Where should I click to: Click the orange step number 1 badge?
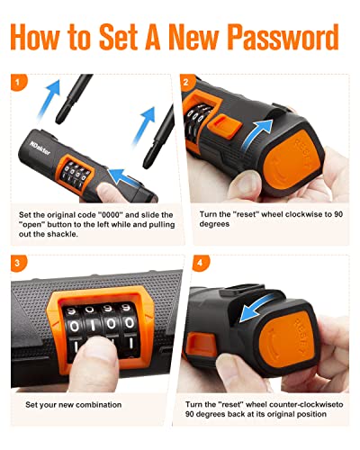[16, 82]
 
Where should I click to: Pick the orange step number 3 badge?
[16, 263]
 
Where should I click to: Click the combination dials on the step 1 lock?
[78, 175]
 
